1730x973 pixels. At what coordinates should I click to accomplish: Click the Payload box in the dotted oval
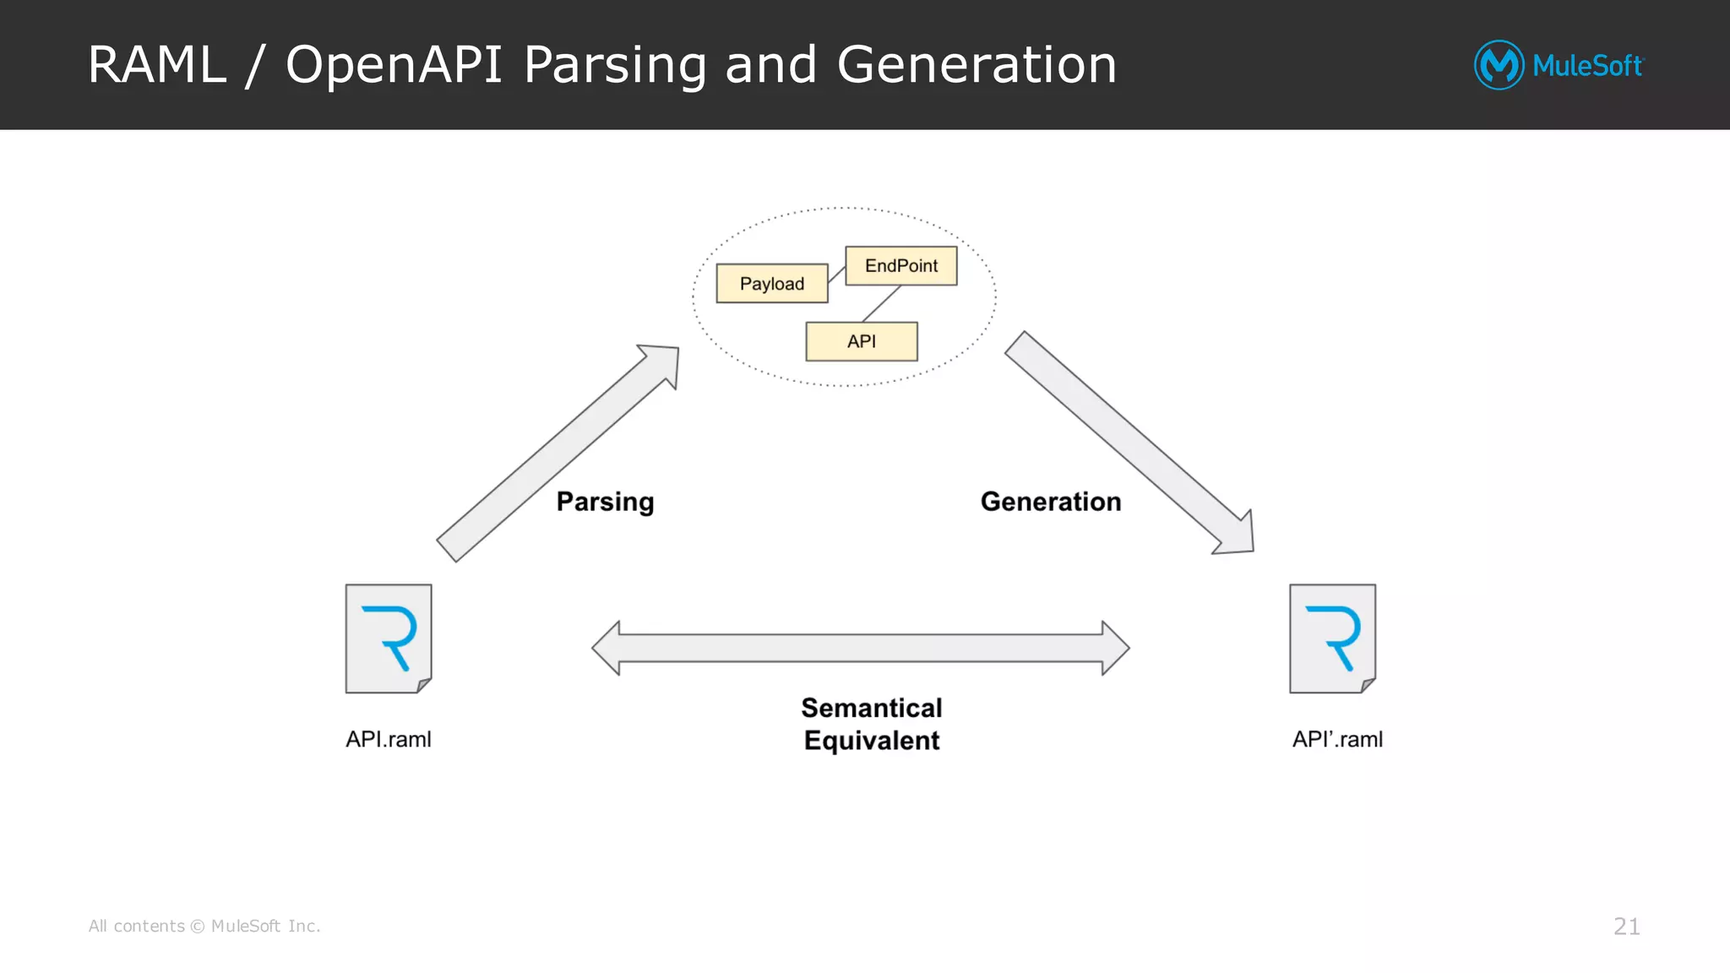tap(771, 284)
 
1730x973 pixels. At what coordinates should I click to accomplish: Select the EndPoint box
tap(900, 266)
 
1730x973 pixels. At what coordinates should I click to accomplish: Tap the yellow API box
tap(861, 341)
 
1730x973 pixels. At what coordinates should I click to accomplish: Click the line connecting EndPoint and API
tap(881, 304)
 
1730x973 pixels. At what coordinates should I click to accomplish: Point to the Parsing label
tap(605, 502)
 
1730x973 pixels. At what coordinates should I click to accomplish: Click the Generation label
tap(1050, 502)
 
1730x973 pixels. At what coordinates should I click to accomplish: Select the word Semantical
tap(871, 708)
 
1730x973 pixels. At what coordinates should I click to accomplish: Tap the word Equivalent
tap(871, 741)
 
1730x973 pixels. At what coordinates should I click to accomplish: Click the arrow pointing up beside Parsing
tap(558, 453)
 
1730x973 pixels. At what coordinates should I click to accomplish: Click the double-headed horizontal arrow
tap(860, 648)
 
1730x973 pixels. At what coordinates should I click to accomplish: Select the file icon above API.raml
tap(389, 639)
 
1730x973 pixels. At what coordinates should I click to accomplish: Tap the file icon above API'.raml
tap(1332, 639)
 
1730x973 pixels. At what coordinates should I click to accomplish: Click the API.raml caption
tap(388, 739)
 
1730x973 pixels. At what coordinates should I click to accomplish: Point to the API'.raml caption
tap(1337, 739)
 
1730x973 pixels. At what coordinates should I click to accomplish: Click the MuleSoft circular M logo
tap(1499, 65)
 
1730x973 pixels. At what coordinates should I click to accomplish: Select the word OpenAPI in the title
tap(394, 65)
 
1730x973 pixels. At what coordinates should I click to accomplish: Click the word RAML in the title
tap(157, 65)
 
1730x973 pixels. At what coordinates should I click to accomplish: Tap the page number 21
tap(1626, 927)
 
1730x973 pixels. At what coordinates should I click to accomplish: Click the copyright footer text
tap(204, 927)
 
